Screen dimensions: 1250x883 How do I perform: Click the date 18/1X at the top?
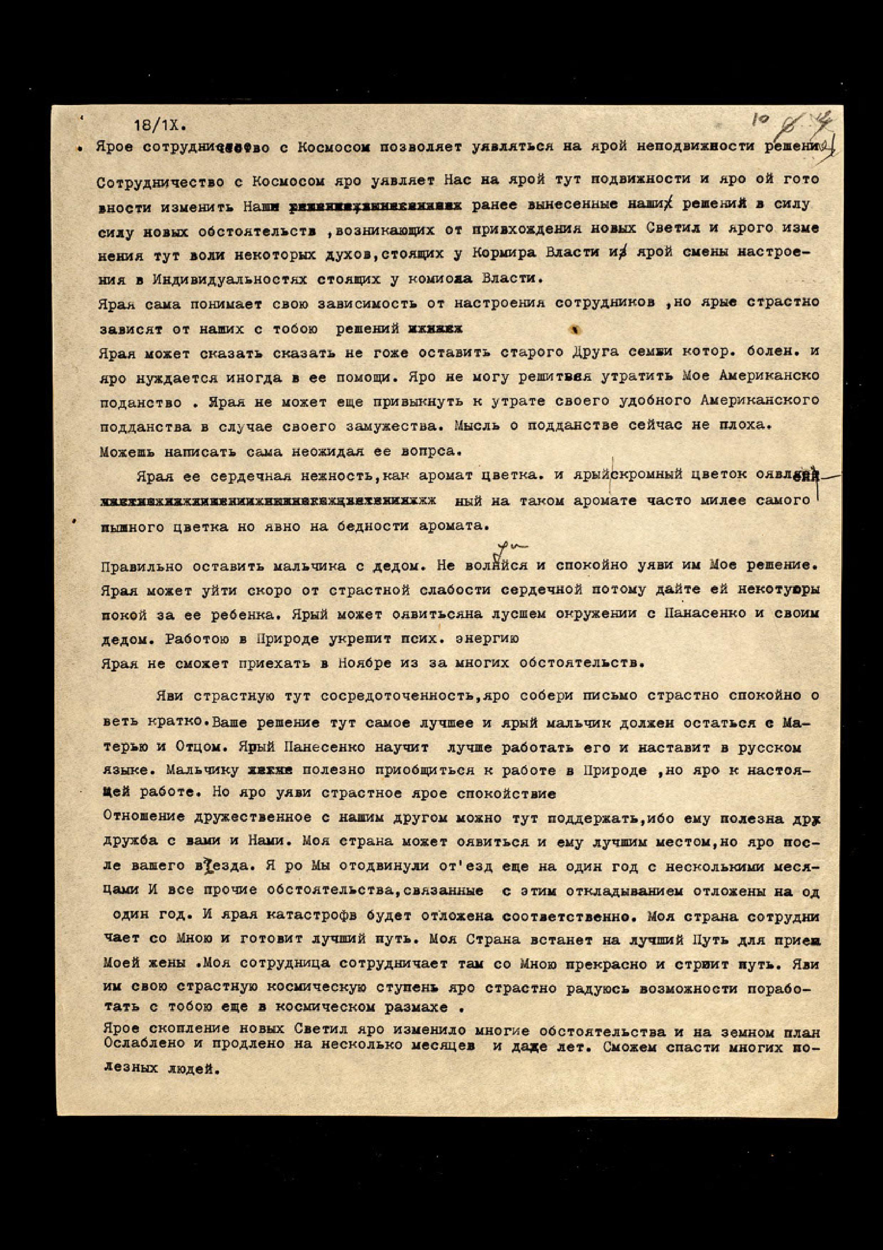tap(160, 125)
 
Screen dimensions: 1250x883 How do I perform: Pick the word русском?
tap(769, 748)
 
